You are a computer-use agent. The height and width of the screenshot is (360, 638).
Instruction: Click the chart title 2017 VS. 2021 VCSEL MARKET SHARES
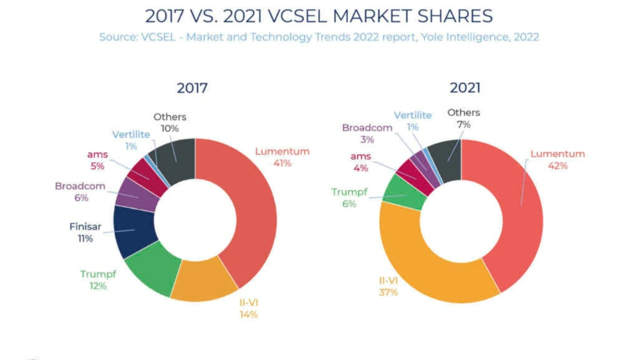[x=319, y=16]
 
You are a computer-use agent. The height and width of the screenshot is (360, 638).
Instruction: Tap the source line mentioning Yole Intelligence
[x=319, y=37]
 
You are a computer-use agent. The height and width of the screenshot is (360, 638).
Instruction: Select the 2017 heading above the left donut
[x=192, y=88]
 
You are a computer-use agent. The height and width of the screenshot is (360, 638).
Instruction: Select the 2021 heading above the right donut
[x=465, y=88]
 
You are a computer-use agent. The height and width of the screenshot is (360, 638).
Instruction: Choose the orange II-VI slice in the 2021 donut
[x=424, y=269]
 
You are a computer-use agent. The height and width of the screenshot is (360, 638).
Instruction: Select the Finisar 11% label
[x=85, y=232]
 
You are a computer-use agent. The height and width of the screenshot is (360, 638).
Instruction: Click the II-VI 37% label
[x=388, y=286]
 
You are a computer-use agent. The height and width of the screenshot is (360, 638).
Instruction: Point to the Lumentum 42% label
[x=557, y=160]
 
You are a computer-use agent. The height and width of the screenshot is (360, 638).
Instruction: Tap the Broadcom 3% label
[x=367, y=134]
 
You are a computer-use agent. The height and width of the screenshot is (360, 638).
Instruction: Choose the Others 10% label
[x=169, y=122]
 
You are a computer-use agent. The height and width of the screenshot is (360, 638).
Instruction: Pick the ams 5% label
[x=97, y=161]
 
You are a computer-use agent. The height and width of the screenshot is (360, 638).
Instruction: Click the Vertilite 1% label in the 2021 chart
[x=413, y=121]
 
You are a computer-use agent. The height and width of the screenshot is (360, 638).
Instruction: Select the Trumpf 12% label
[x=98, y=280]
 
